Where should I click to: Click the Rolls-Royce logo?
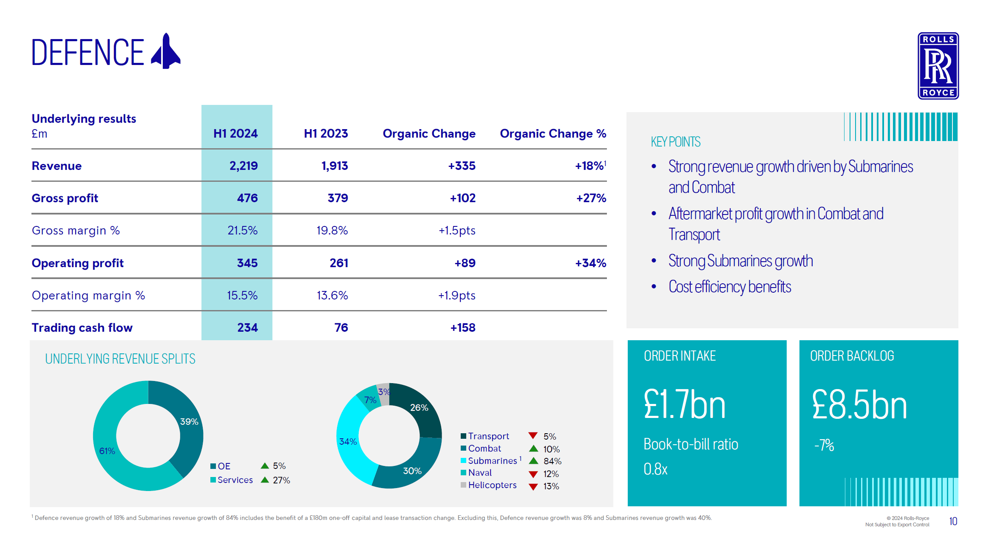pyautogui.click(x=938, y=66)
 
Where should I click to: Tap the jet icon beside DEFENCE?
pyautogui.click(x=167, y=52)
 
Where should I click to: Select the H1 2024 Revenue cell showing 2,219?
pyautogui.click(x=243, y=166)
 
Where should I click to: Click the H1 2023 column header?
pyautogui.click(x=326, y=133)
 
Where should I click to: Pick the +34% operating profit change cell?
pyautogui.click(x=590, y=263)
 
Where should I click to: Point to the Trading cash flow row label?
pyautogui.click(x=82, y=327)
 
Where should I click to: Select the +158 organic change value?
pyautogui.click(x=462, y=327)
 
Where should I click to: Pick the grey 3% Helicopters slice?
pyautogui.click(x=384, y=393)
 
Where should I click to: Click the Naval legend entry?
pyautogui.click(x=479, y=473)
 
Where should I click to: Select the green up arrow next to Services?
pyautogui.click(x=265, y=480)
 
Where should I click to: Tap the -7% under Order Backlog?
pyautogui.click(x=824, y=445)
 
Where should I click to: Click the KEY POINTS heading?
pyautogui.click(x=675, y=141)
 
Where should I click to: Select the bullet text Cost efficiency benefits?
pyautogui.click(x=729, y=287)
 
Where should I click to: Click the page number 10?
pyautogui.click(x=953, y=521)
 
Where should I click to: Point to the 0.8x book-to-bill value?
pyautogui.click(x=655, y=469)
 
